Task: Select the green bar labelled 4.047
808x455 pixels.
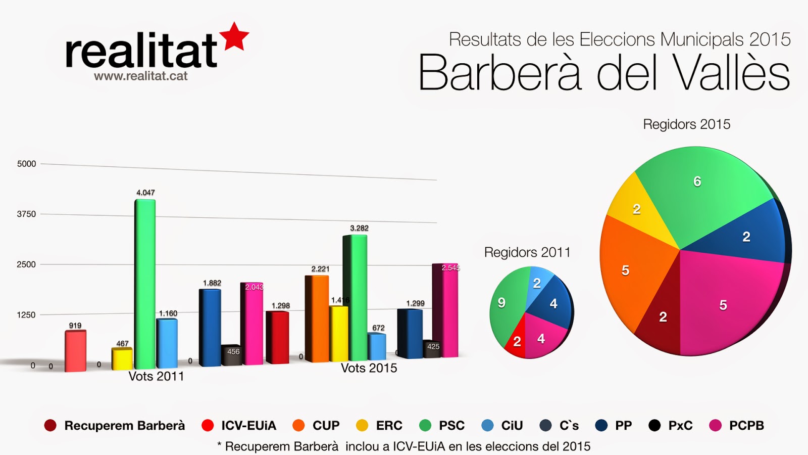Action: [145, 283]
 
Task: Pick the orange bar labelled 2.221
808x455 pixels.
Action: [317, 318]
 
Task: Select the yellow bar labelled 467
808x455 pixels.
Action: [122, 358]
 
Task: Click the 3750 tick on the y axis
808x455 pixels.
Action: [26, 214]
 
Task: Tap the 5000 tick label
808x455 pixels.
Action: [26, 164]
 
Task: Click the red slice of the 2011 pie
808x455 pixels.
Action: [516, 344]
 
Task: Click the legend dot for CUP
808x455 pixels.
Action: [298, 426]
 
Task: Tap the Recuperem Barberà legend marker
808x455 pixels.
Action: [50, 426]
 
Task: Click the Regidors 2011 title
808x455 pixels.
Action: [527, 252]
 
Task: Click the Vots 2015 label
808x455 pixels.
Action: [369, 368]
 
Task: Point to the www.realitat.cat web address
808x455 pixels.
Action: [140, 76]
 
